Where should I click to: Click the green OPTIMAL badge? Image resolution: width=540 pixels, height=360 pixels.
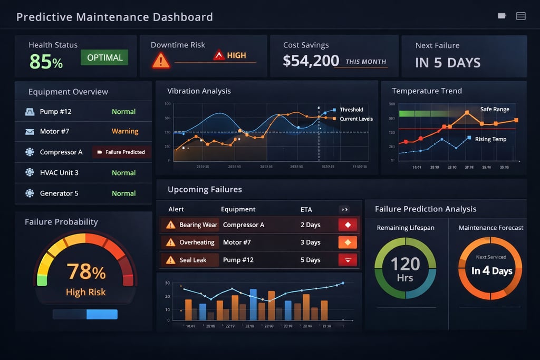[104, 57]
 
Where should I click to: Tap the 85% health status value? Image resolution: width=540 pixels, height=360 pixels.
[46, 62]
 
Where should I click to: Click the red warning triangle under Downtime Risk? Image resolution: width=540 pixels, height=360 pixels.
[161, 60]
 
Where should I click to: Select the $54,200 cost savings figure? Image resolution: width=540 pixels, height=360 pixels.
[311, 61]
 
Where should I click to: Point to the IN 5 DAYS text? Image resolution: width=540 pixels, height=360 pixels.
[448, 63]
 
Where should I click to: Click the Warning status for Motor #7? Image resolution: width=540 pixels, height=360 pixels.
[125, 131]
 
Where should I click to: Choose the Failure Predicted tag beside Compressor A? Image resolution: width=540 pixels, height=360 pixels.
[122, 152]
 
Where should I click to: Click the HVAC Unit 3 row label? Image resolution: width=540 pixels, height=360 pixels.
[59, 173]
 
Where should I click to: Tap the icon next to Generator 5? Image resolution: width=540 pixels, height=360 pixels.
[30, 193]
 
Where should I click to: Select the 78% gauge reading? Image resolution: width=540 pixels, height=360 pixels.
[86, 272]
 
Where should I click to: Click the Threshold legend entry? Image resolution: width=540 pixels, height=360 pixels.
[351, 110]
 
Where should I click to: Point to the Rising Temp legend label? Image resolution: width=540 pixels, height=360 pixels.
[490, 139]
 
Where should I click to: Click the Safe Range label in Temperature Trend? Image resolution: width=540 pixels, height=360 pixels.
[495, 109]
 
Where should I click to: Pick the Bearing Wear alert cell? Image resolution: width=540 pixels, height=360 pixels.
[198, 225]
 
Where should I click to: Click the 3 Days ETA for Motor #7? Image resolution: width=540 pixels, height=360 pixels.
[310, 242]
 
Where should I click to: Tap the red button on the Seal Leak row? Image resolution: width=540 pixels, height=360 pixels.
[348, 260]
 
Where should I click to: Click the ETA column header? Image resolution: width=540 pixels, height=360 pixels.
[306, 209]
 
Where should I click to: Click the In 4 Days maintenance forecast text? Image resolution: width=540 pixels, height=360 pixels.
[491, 271]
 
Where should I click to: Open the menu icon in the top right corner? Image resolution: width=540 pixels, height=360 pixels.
[520, 16]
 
